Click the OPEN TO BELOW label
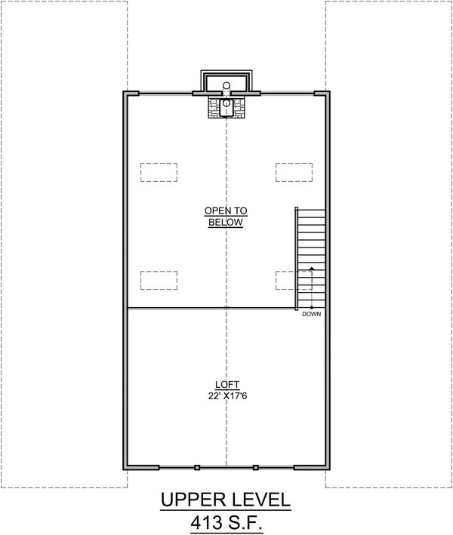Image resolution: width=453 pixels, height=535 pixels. [x=226, y=217]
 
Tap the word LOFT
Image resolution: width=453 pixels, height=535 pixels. [x=226, y=384]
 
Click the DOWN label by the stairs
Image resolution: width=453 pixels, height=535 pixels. [x=311, y=314]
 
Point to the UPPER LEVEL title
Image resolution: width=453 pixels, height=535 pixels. [x=226, y=500]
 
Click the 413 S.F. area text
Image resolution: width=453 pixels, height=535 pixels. [x=226, y=522]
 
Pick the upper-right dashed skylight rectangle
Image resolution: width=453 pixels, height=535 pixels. [x=294, y=172]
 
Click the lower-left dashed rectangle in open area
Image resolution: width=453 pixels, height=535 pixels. [x=159, y=280]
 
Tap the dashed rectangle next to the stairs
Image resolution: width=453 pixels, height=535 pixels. [x=286, y=280]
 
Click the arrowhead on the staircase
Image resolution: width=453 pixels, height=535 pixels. [x=312, y=269]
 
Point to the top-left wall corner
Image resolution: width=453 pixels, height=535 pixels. [x=125, y=94]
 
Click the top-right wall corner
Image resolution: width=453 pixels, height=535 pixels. [x=328, y=94]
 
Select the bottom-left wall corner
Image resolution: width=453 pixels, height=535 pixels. [x=125, y=466]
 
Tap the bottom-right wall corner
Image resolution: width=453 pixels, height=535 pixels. [x=328, y=466]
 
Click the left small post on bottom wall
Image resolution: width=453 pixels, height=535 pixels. [x=197, y=468]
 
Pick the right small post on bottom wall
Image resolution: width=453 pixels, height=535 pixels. [x=256, y=468]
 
